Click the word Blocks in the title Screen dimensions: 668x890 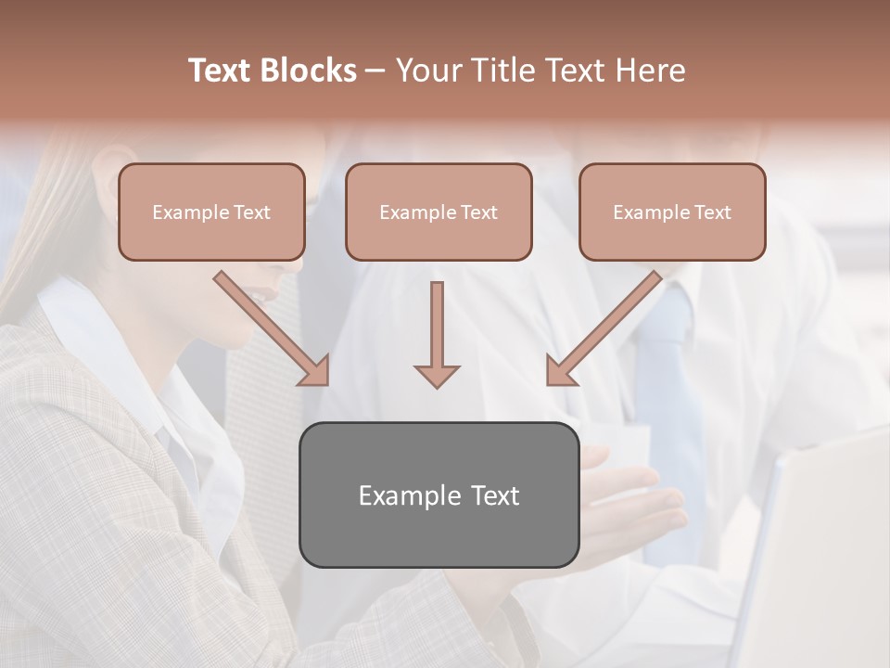(x=308, y=71)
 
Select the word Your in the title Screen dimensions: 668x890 (x=427, y=71)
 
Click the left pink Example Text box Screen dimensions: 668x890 (x=211, y=212)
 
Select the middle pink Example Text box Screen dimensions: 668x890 (x=439, y=212)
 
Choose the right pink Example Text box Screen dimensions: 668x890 (x=672, y=212)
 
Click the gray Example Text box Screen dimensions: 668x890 (x=439, y=495)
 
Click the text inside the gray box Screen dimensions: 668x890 (x=439, y=495)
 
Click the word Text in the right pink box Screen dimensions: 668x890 (x=711, y=212)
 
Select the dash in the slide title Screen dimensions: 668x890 (x=375, y=71)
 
